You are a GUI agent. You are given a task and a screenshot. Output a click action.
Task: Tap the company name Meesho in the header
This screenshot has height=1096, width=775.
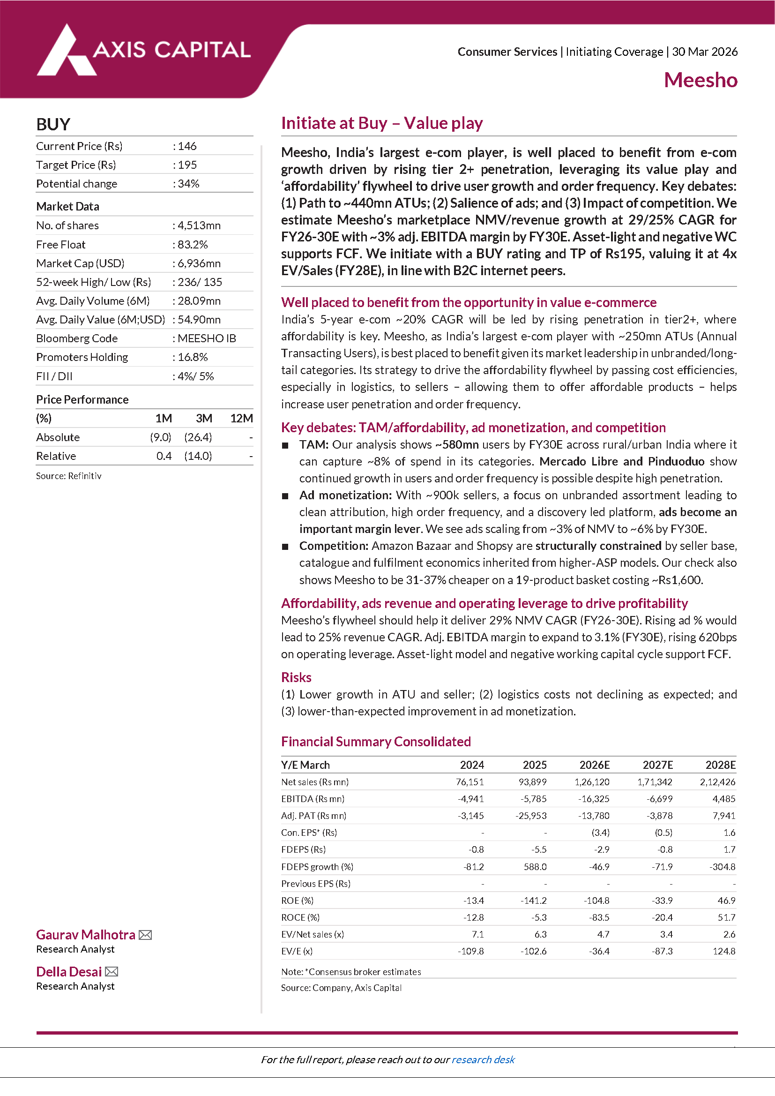click(x=700, y=80)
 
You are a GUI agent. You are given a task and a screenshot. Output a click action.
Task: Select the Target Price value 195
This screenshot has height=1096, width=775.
click(x=187, y=165)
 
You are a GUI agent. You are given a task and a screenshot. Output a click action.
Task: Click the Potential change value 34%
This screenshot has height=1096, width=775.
click(x=188, y=184)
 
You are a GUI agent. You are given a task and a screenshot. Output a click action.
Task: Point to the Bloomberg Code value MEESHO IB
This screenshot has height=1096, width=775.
click(x=207, y=338)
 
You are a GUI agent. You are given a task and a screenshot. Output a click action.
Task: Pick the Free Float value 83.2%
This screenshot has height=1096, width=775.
click(x=192, y=245)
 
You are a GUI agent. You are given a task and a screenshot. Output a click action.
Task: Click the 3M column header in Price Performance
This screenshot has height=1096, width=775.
click(x=204, y=419)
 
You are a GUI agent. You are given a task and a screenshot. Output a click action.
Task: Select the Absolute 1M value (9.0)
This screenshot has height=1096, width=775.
click(x=160, y=437)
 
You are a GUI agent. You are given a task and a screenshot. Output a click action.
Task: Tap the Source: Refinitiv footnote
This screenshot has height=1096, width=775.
click(x=69, y=476)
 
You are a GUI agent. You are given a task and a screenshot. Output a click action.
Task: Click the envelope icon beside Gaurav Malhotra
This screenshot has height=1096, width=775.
click(x=145, y=935)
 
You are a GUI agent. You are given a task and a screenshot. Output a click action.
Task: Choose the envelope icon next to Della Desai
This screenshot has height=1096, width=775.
click(x=112, y=972)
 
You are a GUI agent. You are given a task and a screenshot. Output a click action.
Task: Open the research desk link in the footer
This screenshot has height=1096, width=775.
click(x=483, y=1060)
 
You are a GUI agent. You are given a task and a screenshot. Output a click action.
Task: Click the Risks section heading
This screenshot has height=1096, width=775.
click(x=296, y=677)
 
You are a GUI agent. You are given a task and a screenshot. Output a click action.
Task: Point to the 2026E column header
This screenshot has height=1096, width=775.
click(x=594, y=765)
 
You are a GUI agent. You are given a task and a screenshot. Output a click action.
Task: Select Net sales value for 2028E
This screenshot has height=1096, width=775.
click(x=717, y=782)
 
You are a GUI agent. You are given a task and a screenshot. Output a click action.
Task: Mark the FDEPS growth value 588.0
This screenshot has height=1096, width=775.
click(x=535, y=867)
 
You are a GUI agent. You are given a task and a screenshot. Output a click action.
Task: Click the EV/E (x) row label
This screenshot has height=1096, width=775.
click(x=297, y=951)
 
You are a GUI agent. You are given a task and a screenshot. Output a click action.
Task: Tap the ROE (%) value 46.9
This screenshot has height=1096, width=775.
click(x=726, y=901)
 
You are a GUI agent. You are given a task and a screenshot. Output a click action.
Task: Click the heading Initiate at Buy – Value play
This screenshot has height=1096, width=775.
click(x=382, y=123)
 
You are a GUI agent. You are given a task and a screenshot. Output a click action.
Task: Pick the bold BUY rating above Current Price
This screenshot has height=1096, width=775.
click(x=53, y=125)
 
